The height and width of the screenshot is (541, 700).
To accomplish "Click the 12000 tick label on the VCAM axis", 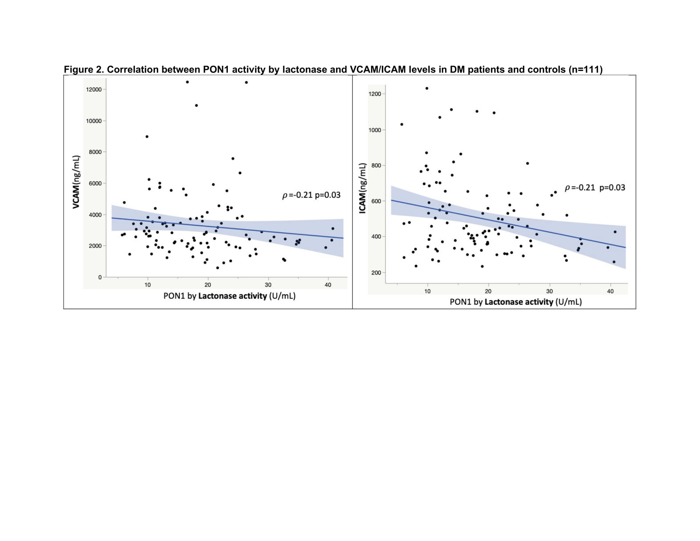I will point(93,90).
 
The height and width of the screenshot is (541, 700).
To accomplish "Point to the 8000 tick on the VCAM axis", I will point(95,152).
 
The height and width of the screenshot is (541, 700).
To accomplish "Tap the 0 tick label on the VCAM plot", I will point(100,277).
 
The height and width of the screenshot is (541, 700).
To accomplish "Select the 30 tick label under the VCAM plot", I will point(268,285).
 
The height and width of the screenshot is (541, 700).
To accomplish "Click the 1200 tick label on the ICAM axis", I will point(374,94).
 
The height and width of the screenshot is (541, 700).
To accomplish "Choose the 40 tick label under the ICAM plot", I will point(610,291).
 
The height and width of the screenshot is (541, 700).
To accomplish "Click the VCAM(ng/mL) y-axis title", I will point(76,182).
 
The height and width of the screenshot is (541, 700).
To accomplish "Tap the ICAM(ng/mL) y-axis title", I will point(363,188).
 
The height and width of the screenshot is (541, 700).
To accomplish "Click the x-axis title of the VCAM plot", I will point(229,296).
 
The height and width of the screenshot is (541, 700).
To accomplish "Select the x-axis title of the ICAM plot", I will point(516,302).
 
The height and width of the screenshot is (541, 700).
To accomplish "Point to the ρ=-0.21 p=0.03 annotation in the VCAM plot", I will point(311,195).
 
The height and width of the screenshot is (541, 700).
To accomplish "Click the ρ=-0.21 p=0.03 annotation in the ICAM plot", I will point(595,188).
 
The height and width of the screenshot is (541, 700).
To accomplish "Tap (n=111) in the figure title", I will point(586,70).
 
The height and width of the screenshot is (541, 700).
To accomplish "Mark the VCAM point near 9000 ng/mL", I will point(147,137).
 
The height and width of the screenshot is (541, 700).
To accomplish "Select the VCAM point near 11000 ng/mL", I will point(196,105).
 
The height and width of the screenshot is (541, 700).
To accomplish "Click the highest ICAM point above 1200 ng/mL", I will point(427,88).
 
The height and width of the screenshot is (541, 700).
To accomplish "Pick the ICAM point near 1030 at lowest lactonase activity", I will point(401,124).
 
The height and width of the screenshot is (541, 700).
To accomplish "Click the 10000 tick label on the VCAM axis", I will point(93,121).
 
